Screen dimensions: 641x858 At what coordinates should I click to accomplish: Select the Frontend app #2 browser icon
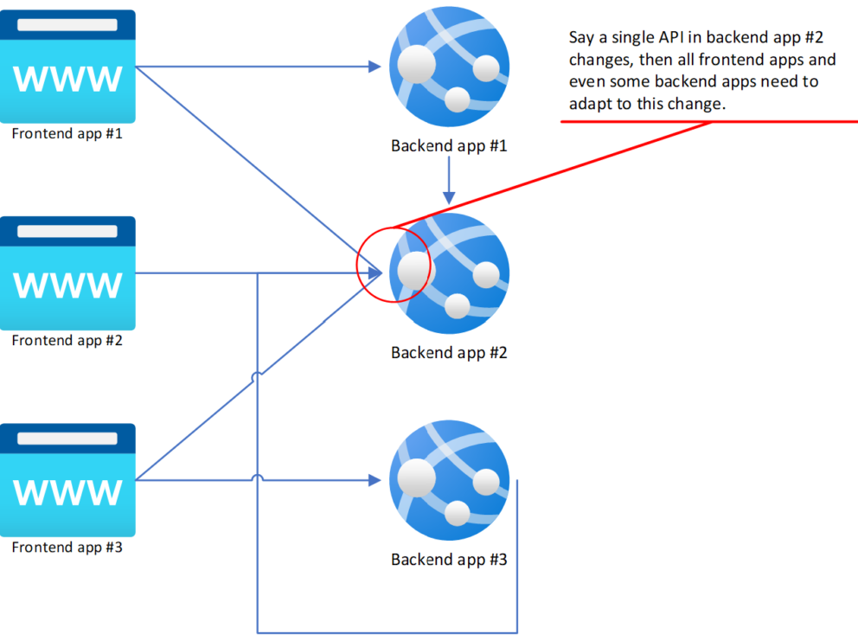click(x=68, y=272)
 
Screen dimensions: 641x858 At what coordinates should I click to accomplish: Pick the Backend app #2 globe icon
click(x=449, y=273)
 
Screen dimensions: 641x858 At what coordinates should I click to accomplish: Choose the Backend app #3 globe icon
click(x=449, y=480)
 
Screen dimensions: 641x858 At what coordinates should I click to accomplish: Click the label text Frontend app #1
click(x=67, y=134)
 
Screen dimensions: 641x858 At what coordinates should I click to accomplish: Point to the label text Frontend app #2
click(x=67, y=341)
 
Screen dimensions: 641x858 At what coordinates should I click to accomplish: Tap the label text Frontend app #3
click(x=67, y=548)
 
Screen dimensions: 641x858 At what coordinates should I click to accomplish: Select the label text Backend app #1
click(x=449, y=145)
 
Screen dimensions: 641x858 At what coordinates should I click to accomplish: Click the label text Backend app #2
click(x=449, y=353)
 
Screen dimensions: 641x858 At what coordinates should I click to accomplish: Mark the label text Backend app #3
click(x=449, y=560)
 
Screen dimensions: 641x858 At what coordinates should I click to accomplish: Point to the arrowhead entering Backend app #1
click(x=376, y=67)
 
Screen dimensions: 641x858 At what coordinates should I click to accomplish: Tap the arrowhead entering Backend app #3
click(x=376, y=480)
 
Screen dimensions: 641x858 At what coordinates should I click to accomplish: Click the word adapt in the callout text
click(x=588, y=104)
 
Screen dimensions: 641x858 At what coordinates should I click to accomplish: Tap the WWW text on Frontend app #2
click(x=68, y=285)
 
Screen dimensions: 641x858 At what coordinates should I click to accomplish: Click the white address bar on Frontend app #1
click(x=68, y=25)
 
